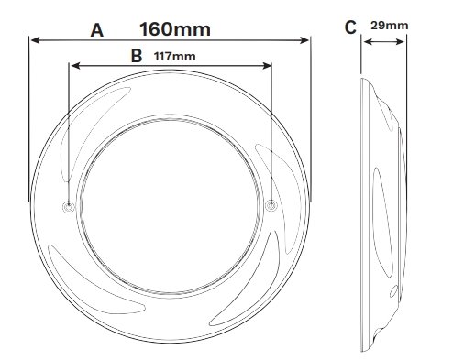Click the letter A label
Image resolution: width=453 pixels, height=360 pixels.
(97, 30)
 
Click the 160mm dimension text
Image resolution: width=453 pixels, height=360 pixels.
(175, 29)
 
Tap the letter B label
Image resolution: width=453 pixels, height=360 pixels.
(137, 56)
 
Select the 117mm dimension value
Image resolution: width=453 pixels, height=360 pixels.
(175, 57)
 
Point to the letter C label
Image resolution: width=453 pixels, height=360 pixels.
(350, 27)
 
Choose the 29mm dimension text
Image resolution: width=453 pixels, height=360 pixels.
(390, 26)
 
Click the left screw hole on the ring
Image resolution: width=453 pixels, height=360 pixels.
(69, 207)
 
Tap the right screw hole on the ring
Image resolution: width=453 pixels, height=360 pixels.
(271, 205)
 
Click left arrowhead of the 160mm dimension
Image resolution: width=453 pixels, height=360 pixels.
(36, 40)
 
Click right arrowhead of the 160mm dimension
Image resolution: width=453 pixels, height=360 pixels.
(304, 40)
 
